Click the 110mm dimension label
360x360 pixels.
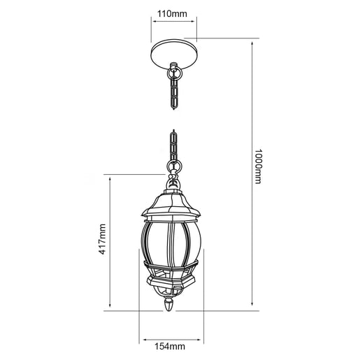pyautogui.click(x=172, y=14)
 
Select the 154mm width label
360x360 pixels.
pyautogui.click(x=170, y=346)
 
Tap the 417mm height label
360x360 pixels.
pyautogui.click(x=102, y=239)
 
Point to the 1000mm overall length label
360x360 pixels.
pyautogui.click(x=258, y=166)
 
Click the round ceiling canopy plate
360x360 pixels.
pyautogui.click(x=173, y=54)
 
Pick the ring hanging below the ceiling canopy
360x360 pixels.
pyautogui.click(x=174, y=74)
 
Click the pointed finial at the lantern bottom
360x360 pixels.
pyautogui.click(x=169, y=305)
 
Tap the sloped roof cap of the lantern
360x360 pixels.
pyautogui.click(x=171, y=204)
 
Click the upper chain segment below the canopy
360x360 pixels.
pyautogui.click(x=174, y=94)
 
